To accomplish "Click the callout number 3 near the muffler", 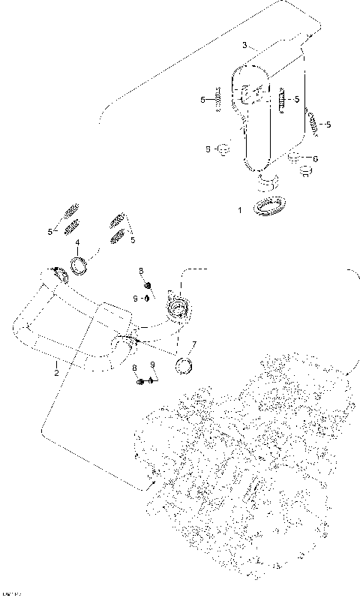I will pyautogui.click(x=244, y=46).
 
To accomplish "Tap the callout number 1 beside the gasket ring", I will pyautogui.click(x=240, y=211).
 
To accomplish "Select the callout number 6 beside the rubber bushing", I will pyautogui.click(x=316, y=158).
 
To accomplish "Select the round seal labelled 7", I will pyautogui.click(x=184, y=366).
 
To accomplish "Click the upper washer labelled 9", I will pyautogui.click(x=148, y=299).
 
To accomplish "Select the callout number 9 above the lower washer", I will pyautogui.click(x=152, y=365).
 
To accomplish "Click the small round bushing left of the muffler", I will pyautogui.click(x=222, y=149).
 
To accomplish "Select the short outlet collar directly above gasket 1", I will pyautogui.click(x=267, y=182).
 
